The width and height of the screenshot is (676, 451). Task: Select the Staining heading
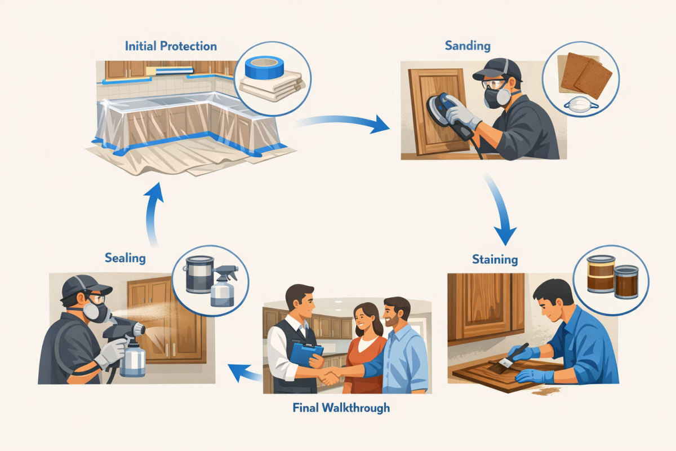point(495,259)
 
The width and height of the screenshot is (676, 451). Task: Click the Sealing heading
point(125,258)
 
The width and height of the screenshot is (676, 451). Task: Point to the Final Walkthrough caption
point(341,407)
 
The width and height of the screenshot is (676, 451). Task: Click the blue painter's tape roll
point(263,69)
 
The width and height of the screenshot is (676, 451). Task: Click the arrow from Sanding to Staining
point(500,211)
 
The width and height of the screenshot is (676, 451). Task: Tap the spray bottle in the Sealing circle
point(222,287)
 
